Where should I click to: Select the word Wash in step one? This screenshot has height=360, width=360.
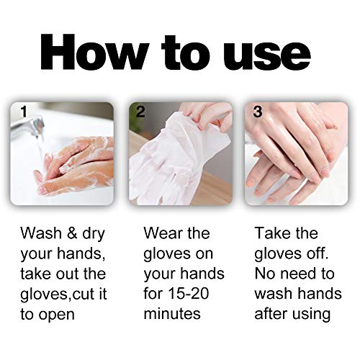40,233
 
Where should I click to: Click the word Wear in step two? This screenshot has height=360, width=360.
162,233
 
